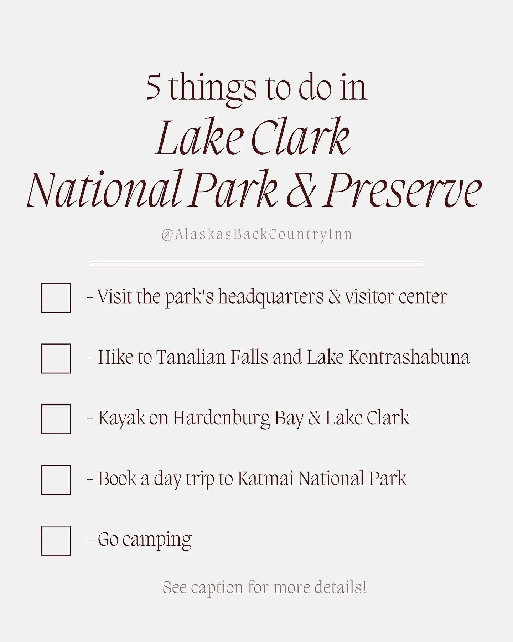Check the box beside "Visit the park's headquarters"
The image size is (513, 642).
point(56,298)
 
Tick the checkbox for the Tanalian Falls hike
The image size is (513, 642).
point(56,358)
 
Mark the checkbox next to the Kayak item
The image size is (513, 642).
point(56,419)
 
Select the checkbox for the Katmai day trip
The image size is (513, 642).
point(56,480)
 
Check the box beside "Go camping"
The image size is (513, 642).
point(56,540)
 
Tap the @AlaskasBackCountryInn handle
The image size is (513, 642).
point(256,234)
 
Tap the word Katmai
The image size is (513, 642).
point(265,479)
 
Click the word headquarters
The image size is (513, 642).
point(271,297)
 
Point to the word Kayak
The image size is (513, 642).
point(121,418)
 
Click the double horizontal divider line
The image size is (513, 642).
point(256,264)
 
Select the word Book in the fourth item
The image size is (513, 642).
point(117,479)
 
